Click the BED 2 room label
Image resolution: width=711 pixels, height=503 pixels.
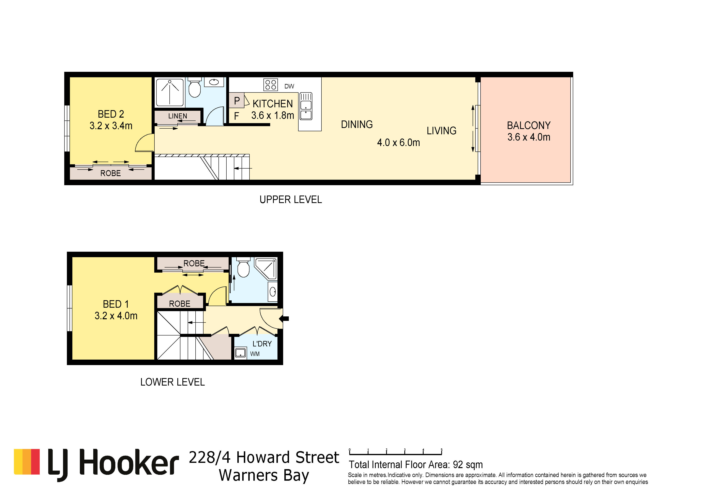111,114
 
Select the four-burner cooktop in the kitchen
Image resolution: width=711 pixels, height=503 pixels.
270,85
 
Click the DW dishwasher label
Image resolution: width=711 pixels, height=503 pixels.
289,86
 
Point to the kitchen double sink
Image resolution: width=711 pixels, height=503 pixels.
306,106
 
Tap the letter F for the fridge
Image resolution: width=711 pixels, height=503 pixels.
237,116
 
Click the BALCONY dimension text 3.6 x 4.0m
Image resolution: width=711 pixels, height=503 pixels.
529,137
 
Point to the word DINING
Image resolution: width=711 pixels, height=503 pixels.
357,125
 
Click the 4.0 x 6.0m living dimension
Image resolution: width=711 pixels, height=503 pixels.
398,143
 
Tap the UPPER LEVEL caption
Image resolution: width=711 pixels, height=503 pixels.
291,200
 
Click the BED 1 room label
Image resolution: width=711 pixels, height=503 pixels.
116,304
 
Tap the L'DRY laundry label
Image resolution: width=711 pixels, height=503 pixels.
262,344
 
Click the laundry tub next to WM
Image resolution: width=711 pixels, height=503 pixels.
240,353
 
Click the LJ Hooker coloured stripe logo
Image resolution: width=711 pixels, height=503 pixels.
27,462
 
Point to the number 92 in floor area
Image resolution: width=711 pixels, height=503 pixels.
458,465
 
